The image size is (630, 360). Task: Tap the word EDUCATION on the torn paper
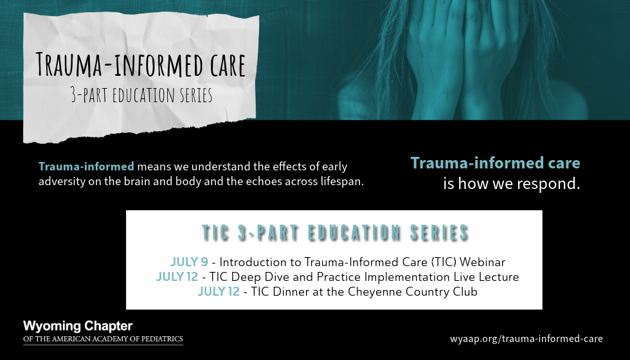[148, 95]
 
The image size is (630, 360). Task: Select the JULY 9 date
[189, 262]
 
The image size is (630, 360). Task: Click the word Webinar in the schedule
[482, 262]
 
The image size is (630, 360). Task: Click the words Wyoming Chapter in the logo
[78, 326]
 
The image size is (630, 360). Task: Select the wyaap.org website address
[526, 339]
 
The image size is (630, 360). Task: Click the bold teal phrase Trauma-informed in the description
[86, 166]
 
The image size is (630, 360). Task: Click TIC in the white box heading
[215, 233]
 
